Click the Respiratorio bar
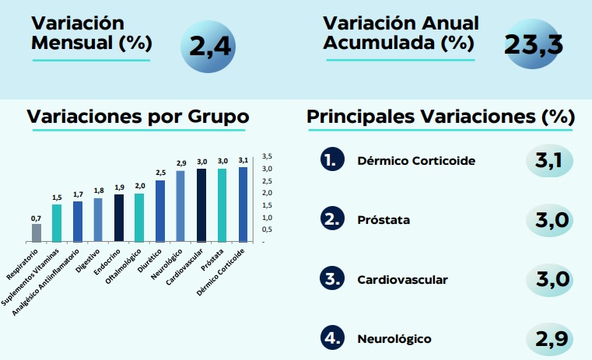37,232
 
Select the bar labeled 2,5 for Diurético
160,211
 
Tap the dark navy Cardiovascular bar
201,205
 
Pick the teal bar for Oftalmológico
139,218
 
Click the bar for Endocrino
119,218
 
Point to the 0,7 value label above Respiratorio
37,218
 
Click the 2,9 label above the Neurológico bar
181,163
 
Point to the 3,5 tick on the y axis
268,156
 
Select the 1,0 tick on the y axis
268,218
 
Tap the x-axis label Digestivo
88,260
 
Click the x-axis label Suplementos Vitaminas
30,277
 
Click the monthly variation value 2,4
210,47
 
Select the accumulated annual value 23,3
533,44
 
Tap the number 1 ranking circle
332,159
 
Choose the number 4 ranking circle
332,337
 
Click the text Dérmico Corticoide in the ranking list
416,161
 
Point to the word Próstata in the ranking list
384,219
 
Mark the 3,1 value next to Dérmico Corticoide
549,160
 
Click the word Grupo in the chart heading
219,117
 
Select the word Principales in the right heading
360,117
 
